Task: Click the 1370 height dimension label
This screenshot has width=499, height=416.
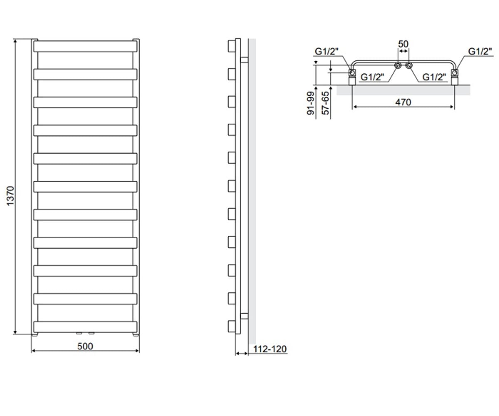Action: [10, 196]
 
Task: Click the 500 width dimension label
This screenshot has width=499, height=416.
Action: [85, 346]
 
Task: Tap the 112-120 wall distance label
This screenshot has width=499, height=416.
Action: [270, 349]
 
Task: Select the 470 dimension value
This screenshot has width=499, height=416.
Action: [403, 102]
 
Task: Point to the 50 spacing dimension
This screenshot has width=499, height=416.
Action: [403, 44]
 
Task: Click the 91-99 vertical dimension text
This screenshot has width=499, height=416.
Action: [311, 103]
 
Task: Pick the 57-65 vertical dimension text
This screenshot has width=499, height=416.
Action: [326, 103]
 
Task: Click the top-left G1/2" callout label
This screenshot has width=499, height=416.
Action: [327, 52]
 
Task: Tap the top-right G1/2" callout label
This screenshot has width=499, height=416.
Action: [480, 52]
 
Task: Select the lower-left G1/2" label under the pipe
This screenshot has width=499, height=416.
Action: [372, 77]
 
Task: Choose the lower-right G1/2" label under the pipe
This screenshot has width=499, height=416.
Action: [434, 77]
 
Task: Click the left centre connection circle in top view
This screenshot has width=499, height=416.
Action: [398, 65]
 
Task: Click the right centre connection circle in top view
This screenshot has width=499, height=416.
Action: [409, 65]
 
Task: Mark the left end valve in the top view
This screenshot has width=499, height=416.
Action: [352, 77]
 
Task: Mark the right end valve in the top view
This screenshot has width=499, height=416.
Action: [455, 77]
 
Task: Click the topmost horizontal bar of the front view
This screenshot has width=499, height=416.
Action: [85, 46]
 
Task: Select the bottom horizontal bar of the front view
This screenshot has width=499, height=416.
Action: [85, 327]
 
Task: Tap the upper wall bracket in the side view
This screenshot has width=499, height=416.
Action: [244, 60]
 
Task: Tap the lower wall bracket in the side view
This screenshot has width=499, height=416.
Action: [244, 316]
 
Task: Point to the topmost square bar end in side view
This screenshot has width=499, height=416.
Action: [232, 46]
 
